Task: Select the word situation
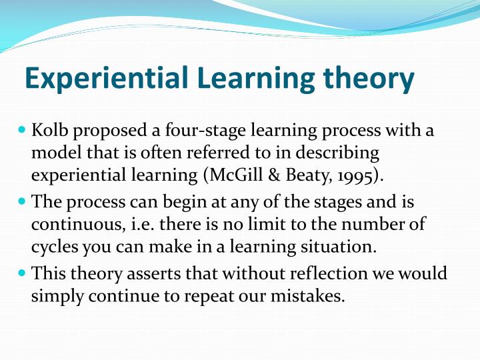point(337,247)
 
